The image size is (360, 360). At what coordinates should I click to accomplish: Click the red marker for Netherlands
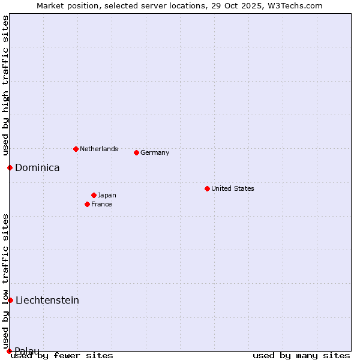click(76, 149)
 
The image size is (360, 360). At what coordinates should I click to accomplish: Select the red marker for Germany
click(136, 152)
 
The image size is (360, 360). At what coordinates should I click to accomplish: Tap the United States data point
click(207, 188)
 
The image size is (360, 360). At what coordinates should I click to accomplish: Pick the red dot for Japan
click(94, 195)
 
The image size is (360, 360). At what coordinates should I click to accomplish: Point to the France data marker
click(87, 204)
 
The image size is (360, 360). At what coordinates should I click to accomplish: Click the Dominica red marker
click(10, 167)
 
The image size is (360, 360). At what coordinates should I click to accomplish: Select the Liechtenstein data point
click(10, 300)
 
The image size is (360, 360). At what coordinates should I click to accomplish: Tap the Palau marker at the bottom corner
click(9, 351)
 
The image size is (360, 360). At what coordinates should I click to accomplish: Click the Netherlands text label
click(99, 149)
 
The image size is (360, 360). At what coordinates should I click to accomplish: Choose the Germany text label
click(155, 152)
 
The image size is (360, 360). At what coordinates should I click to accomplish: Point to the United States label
click(233, 188)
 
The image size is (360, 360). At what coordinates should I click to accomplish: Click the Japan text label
click(107, 195)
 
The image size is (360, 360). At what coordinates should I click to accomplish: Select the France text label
click(101, 204)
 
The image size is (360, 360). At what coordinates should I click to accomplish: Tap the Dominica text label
click(37, 168)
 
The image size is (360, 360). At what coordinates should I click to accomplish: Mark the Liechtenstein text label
click(47, 300)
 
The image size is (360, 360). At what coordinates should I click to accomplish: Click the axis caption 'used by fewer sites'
click(62, 355)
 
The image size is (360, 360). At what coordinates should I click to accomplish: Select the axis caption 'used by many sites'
click(301, 355)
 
